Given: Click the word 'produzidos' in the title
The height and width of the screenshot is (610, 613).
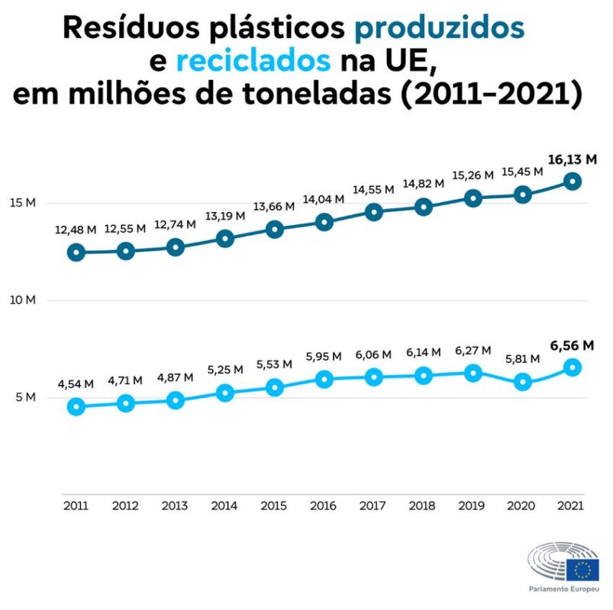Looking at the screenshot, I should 440,28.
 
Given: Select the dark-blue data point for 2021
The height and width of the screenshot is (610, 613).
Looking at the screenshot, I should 572,181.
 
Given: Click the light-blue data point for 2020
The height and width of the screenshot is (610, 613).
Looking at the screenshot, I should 522,382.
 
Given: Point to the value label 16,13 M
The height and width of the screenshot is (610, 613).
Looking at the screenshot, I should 572,160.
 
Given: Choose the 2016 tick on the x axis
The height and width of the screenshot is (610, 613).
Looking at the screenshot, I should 324,506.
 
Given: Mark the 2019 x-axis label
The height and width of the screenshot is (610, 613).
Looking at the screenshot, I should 473,506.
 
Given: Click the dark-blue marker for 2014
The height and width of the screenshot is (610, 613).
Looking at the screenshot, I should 225,238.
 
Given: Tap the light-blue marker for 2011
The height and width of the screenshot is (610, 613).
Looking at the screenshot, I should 76,406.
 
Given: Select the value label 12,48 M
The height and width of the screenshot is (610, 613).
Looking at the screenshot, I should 76,230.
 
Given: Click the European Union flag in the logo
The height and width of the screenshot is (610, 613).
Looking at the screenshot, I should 582,569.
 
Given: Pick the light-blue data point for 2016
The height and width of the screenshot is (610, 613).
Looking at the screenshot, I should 324,378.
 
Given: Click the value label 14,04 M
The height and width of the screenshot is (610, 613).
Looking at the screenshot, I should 324,200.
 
